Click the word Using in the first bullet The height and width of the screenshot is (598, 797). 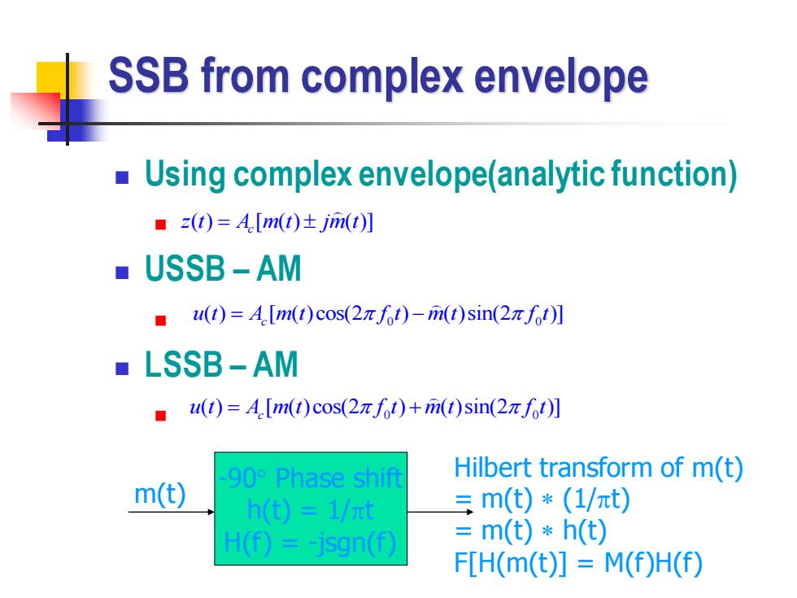click(x=185, y=175)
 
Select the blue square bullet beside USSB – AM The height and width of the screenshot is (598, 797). click(x=122, y=273)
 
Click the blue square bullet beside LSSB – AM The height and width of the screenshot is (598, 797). click(x=122, y=368)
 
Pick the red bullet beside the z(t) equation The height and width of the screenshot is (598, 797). click(x=161, y=225)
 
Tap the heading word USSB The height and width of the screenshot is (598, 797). click(x=185, y=268)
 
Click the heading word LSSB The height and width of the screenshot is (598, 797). click(x=183, y=364)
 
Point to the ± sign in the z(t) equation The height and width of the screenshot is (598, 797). click(x=310, y=223)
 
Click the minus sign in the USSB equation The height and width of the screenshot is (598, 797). click(x=418, y=315)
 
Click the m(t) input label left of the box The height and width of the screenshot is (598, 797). click(x=160, y=494)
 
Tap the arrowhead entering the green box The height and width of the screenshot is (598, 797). click(x=211, y=512)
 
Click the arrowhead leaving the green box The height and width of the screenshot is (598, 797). click(x=470, y=512)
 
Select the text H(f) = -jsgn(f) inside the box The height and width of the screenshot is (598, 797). click(x=310, y=543)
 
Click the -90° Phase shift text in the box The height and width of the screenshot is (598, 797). click(x=311, y=478)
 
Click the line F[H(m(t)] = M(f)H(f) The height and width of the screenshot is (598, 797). click(x=578, y=563)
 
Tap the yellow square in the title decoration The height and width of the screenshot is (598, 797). click(x=50, y=78)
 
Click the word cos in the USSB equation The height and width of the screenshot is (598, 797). click(x=330, y=314)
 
